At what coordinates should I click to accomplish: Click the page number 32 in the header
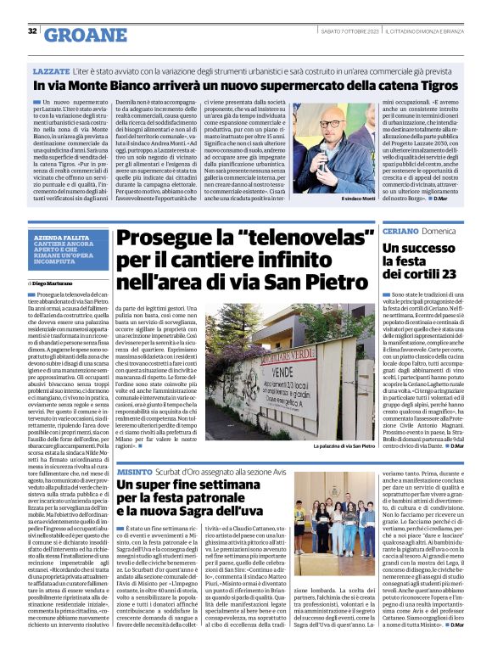point(32,32)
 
